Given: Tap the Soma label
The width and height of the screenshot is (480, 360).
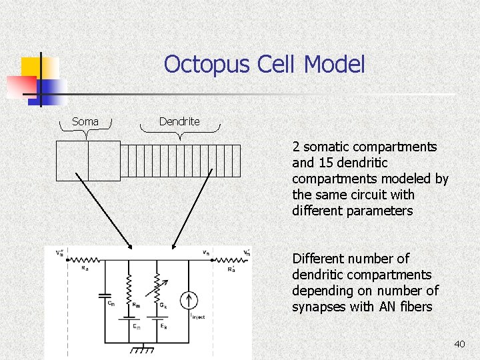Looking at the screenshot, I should [85, 121].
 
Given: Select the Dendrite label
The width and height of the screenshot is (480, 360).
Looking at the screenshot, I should [179, 121].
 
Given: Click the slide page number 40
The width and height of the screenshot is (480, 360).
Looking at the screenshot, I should [459, 344].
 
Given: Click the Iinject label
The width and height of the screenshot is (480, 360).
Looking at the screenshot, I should [197, 315].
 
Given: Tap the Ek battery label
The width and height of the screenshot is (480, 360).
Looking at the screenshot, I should [163, 326].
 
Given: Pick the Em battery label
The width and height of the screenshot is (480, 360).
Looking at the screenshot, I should [136, 326].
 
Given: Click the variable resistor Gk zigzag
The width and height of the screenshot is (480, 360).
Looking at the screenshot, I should [157, 285].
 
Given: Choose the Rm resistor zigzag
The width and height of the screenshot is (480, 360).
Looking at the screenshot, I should [130, 285].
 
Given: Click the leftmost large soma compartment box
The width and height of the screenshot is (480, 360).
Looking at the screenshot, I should [71, 161].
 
